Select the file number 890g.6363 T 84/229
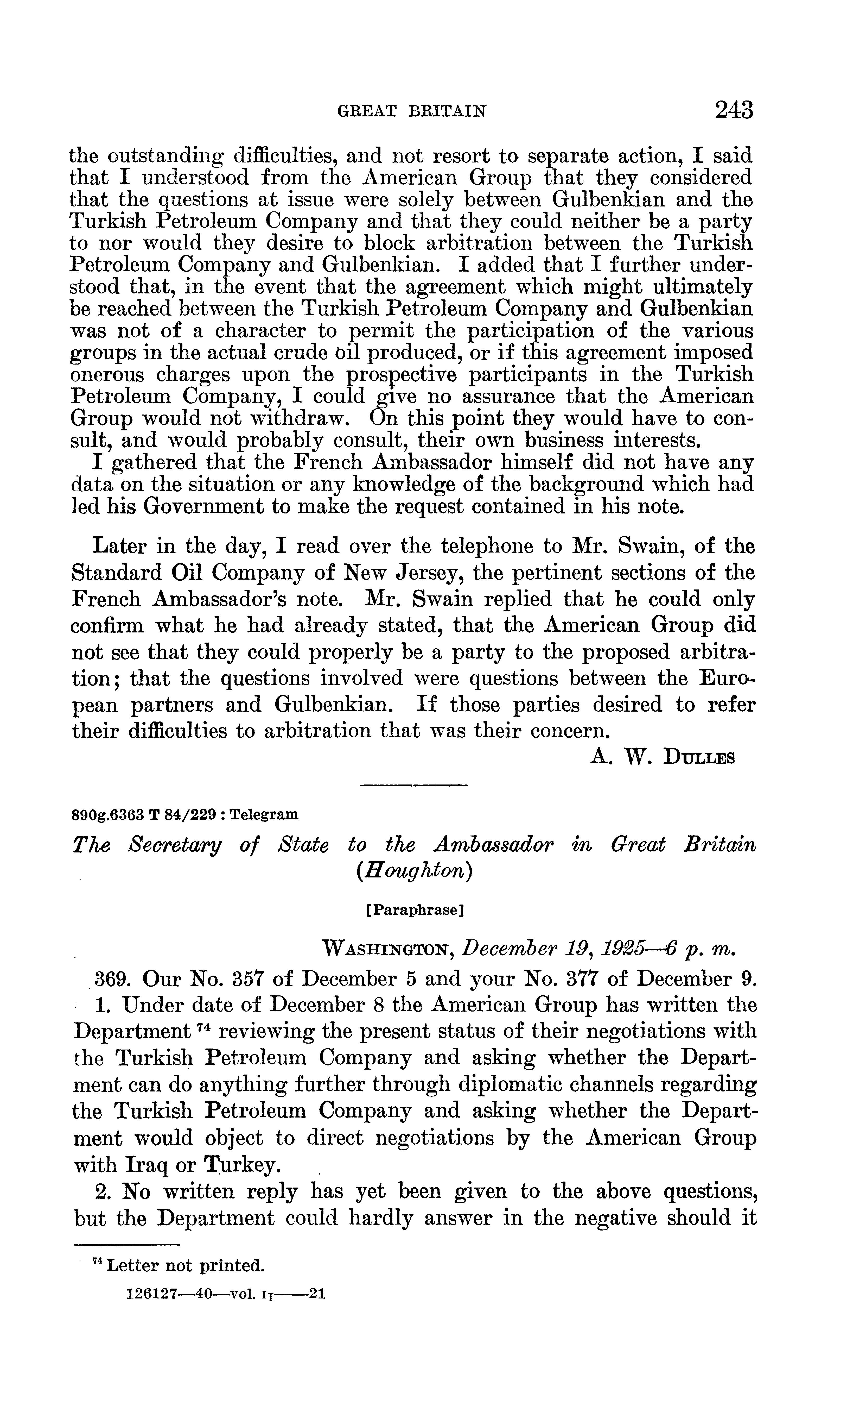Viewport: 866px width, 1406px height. pyautogui.click(x=146, y=814)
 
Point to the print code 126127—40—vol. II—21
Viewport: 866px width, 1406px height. pyautogui.click(x=225, y=1294)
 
